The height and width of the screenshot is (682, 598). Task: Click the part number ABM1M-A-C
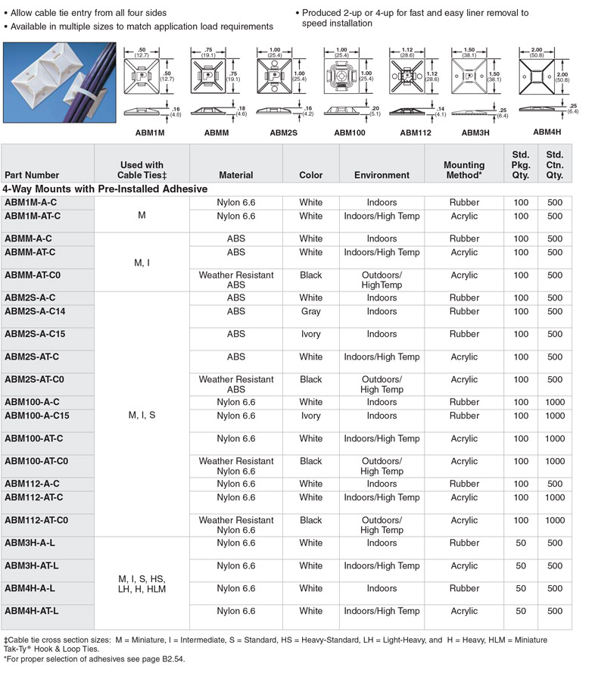(30, 203)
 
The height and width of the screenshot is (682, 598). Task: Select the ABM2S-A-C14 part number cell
(35, 312)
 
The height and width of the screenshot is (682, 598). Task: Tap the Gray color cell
(310, 312)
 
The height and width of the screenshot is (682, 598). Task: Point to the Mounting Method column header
(464, 170)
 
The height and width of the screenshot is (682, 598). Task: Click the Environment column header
(382, 175)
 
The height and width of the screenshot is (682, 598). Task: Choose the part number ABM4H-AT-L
(32, 612)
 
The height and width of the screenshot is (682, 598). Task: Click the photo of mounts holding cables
(59, 82)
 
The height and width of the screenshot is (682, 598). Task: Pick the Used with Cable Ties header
(142, 170)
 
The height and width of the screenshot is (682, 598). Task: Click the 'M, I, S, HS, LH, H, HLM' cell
(142, 584)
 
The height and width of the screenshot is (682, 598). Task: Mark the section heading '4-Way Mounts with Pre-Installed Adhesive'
(105, 189)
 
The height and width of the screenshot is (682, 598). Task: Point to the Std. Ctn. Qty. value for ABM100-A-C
(555, 403)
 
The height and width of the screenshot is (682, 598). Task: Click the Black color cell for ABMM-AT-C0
(310, 276)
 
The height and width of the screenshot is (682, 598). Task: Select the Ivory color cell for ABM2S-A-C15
(310, 335)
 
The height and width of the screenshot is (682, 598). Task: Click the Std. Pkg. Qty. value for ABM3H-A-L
(521, 543)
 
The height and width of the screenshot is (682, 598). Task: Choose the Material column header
(235, 175)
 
